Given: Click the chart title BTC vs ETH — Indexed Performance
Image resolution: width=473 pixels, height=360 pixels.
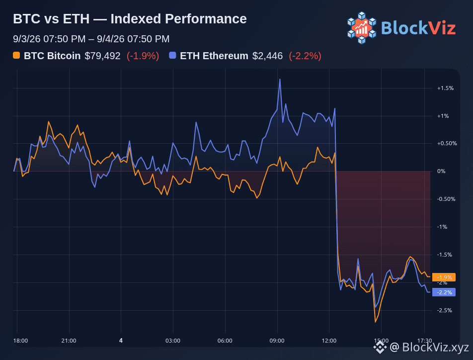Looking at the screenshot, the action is point(130,19).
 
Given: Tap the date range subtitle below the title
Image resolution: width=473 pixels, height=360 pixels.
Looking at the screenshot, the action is point(91,39).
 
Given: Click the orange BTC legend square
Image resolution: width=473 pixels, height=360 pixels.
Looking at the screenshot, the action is point(16,55).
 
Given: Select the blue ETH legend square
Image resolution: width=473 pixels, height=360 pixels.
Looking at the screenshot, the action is point(172,55).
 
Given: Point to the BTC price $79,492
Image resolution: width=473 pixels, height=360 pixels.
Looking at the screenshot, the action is point(102,56).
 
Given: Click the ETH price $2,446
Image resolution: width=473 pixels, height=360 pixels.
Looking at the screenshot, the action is point(268,56).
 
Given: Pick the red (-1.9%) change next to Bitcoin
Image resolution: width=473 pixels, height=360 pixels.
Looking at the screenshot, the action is point(143,56).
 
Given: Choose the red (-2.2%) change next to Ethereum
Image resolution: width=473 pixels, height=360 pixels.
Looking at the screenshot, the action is point(305,56).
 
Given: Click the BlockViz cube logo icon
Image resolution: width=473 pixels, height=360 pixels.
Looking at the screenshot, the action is point(362,28).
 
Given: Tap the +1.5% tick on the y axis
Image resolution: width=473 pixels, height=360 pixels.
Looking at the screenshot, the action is point(445,88).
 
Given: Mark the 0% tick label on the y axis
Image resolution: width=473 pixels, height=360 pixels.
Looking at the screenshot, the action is point(441,171).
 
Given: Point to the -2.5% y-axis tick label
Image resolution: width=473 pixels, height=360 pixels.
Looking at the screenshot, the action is point(445,310).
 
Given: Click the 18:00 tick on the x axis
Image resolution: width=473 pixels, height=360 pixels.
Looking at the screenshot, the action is point(20,341).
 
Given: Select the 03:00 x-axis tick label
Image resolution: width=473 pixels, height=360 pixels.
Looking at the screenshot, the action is point(173,341).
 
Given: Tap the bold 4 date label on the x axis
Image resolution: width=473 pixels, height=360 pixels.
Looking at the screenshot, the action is point(121,341).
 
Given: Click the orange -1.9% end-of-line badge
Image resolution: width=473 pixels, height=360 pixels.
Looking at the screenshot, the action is point(444,277).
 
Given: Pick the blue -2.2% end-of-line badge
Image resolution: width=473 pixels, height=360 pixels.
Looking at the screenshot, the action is point(444,292).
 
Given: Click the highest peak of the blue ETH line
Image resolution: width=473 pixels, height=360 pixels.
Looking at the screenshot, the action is point(280,79).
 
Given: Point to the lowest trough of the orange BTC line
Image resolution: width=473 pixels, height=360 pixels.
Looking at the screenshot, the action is point(376,322).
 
